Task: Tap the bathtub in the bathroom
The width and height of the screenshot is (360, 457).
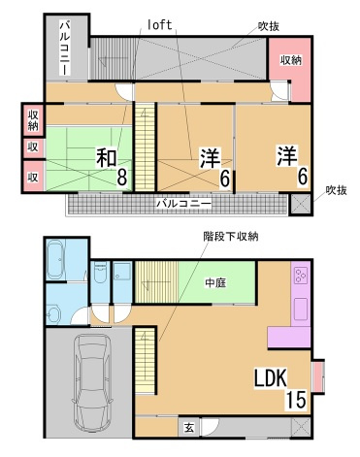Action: [56, 261]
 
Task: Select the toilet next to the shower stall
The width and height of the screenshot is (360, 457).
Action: [99, 276]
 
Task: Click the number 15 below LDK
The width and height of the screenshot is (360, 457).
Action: [296, 399]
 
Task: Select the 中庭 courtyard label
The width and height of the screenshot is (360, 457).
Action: [216, 283]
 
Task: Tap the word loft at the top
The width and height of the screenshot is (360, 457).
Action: [159, 25]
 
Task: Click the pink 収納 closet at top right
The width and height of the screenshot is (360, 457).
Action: [291, 60]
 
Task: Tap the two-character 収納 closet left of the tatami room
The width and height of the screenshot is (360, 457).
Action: [32, 120]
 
